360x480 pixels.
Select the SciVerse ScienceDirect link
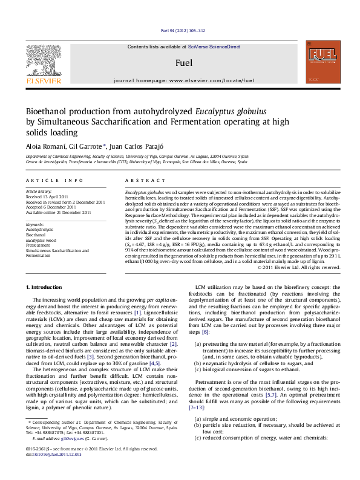[214, 47]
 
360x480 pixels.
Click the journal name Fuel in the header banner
[183, 62]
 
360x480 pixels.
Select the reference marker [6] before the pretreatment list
[206, 332]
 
